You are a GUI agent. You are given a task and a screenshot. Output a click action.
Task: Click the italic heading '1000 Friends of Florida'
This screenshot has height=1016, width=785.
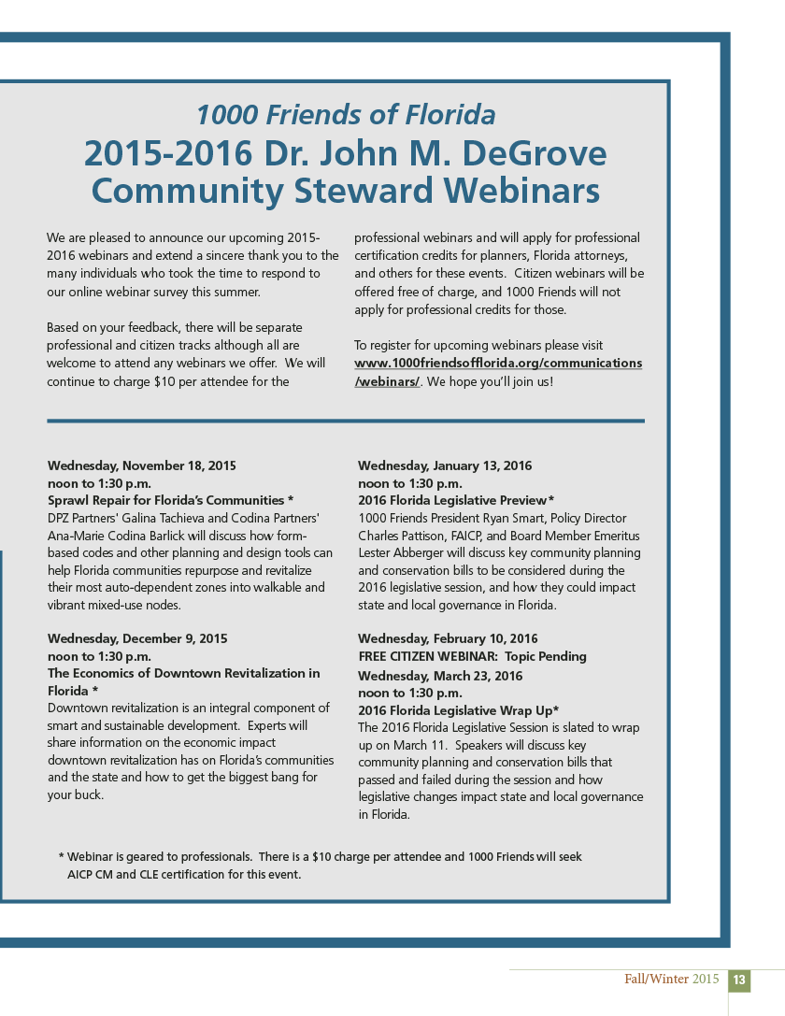click(345, 115)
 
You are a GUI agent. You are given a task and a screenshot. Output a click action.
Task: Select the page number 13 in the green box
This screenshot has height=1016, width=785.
click(739, 980)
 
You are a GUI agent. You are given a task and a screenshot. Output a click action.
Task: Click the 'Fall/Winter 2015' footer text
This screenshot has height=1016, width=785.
click(672, 980)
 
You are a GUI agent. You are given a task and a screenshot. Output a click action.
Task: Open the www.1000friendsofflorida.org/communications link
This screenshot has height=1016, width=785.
click(498, 364)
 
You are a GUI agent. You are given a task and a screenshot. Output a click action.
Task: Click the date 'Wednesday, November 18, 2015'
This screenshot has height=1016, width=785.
click(142, 465)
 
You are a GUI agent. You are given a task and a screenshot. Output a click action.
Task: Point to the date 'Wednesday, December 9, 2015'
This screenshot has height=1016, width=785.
click(137, 638)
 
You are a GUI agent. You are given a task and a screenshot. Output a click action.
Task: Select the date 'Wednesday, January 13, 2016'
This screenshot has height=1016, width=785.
click(445, 465)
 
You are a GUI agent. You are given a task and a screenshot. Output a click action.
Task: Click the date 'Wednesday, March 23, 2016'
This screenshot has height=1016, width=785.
click(440, 675)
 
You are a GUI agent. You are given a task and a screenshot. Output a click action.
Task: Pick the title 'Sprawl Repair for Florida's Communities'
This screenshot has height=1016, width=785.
click(165, 500)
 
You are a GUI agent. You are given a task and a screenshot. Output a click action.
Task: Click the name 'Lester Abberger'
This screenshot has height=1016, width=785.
click(392, 552)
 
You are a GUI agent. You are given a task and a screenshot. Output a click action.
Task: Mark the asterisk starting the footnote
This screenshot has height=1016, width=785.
click(61, 857)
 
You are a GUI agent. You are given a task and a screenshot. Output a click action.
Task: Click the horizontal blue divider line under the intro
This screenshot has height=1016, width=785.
click(345, 421)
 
